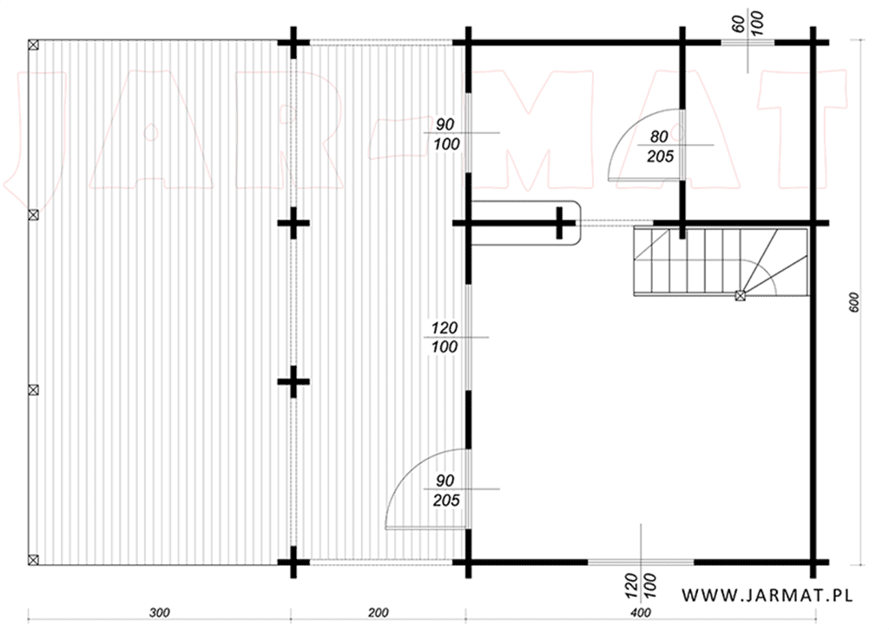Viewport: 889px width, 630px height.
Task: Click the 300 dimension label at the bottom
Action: coord(160,613)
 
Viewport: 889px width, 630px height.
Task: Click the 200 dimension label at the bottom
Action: coord(379,613)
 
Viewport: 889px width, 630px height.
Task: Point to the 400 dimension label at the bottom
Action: coord(641,613)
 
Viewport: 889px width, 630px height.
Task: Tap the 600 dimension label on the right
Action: coord(855,302)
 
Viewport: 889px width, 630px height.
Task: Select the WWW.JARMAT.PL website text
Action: coord(767,595)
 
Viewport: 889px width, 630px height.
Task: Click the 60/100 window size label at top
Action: coord(747,23)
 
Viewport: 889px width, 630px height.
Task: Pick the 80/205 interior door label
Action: coord(660,146)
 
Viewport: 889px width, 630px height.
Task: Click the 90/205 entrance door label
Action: coord(446,490)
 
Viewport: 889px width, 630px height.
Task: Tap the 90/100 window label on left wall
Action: coord(446,134)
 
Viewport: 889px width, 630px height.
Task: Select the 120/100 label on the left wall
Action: coord(444,337)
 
